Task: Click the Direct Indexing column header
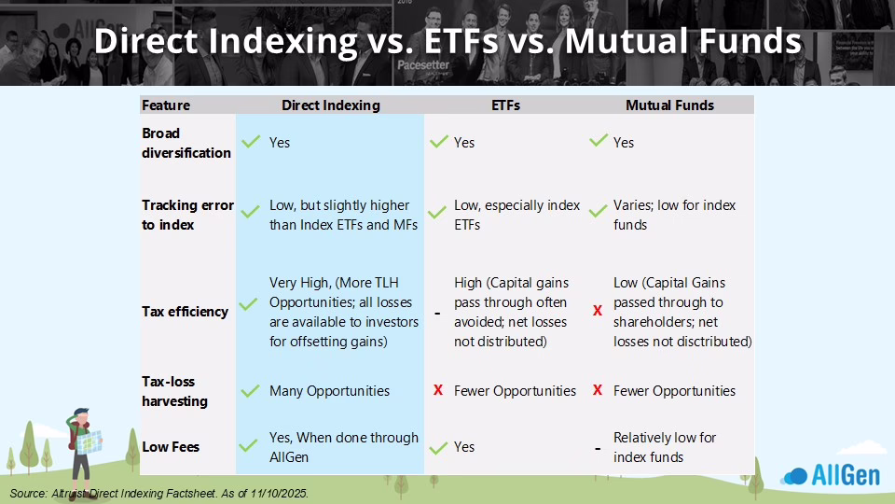pyautogui.click(x=330, y=105)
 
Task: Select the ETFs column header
pyautogui.click(x=505, y=105)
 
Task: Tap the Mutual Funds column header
pyautogui.click(x=669, y=105)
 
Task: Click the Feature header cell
pyautogui.click(x=166, y=105)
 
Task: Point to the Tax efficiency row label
pyautogui.click(x=185, y=312)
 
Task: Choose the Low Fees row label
pyautogui.click(x=170, y=447)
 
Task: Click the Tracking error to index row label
pyautogui.click(x=187, y=215)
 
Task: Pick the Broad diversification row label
pyautogui.click(x=186, y=143)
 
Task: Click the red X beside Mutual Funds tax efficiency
pyautogui.click(x=598, y=311)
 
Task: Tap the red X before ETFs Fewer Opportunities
pyautogui.click(x=438, y=390)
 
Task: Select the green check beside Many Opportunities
pyautogui.click(x=250, y=391)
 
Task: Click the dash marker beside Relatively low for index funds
pyautogui.click(x=598, y=449)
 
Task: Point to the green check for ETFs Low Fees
pyautogui.click(x=438, y=447)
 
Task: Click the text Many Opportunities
pyautogui.click(x=329, y=391)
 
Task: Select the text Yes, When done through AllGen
pyautogui.click(x=344, y=447)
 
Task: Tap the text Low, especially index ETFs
pyautogui.click(x=516, y=215)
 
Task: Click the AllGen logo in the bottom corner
pyautogui.click(x=831, y=475)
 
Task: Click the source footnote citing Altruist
pyautogui.click(x=158, y=493)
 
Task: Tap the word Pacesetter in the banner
pyautogui.click(x=423, y=64)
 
